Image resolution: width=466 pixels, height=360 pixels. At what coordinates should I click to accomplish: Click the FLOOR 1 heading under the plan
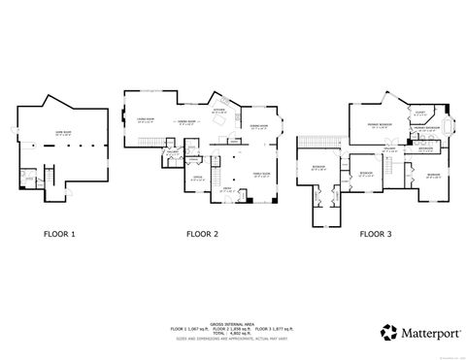tap(57, 234)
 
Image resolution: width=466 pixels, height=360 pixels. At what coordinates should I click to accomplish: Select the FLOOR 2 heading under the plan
tap(202, 234)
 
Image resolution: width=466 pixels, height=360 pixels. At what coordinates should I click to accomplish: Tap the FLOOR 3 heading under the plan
tap(377, 234)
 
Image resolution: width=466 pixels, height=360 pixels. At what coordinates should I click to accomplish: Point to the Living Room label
tap(147, 119)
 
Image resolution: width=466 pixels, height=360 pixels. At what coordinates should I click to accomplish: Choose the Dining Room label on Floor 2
tap(186, 122)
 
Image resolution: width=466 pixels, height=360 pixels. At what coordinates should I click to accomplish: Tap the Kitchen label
tap(218, 111)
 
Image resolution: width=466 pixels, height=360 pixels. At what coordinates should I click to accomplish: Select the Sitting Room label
tap(257, 126)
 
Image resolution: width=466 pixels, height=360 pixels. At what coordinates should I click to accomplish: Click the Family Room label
tap(260, 174)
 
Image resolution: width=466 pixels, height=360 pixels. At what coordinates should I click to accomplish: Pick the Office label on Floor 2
tap(196, 177)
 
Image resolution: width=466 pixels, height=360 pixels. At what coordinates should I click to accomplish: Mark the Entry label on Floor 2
tap(225, 189)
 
